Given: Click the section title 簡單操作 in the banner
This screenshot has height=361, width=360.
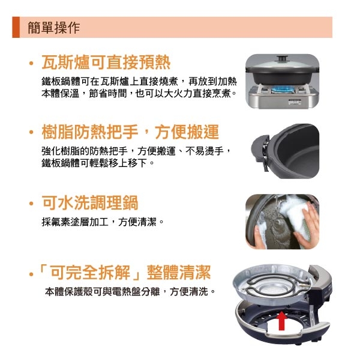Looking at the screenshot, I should (x=53, y=28).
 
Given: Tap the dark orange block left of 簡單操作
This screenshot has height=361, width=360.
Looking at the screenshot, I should (x=16, y=28).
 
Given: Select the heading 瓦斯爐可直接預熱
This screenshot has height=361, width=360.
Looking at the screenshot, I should (x=106, y=62).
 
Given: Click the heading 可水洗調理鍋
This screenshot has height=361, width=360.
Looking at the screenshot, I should (x=89, y=202).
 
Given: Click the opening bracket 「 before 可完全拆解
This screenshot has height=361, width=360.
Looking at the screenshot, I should (x=42, y=273).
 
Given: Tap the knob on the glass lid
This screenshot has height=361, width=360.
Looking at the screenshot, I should (x=281, y=58).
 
